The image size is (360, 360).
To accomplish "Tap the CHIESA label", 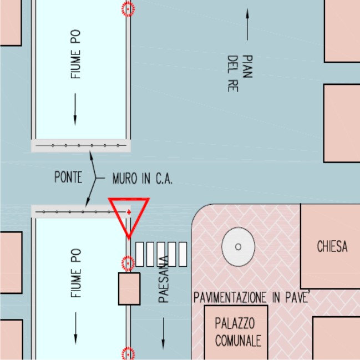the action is pyautogui.click(x=332, y=246).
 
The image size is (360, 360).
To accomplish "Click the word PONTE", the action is pyautogui.click(x=68, y=177).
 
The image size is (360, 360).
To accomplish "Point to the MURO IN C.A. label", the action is pyautogui.click(x=143, y=179).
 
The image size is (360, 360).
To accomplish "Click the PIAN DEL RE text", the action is pyautogui.click(x=240, y=73).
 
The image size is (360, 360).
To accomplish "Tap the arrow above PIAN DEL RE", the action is pyautogui.click(x=247, y=24).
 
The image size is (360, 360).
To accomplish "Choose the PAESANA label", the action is pyautogui.click(x=164, y=279).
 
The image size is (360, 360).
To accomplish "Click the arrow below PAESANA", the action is pyautogui.click(x=163, y=333).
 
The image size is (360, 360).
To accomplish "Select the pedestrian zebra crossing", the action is pyautogui.click(x=161, y=254).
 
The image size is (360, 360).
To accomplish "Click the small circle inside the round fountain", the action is pyautogui.click(x=239, y=247).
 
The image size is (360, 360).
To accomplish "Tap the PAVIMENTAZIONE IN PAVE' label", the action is pyautogui.click(x=252, y=297).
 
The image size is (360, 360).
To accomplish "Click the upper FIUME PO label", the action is pyautogui.click(x=75, y=54).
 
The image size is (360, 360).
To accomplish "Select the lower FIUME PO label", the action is pyautogui.click(x=76, y=273).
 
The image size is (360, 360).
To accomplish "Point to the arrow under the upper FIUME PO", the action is pyautogui.click(x=75, y=109).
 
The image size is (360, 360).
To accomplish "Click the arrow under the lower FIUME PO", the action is pyautogui.click(x=75, y=328).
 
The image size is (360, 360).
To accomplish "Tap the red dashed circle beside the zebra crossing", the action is pyautogui.click(x=128, y=263).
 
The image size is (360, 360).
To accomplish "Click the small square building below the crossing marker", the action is pyautogui.click(x=129, y=289).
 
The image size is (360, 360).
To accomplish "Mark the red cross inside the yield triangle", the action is pyautogui.click(x=129, y=212).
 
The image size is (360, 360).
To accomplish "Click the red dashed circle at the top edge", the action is pyautogui.click(x=128, y=9).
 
